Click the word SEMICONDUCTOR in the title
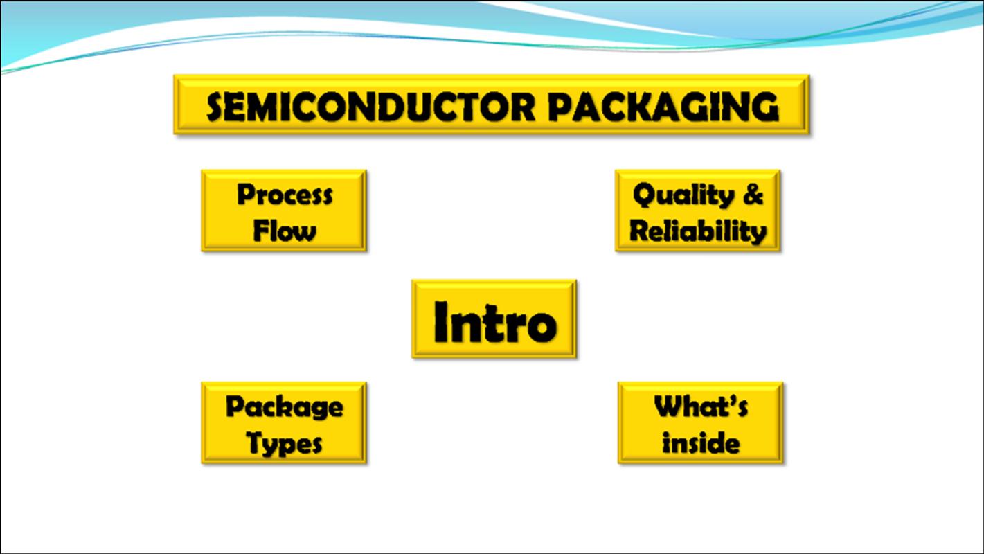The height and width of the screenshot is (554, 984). coord(370,107)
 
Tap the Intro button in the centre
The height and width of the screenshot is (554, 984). coord(494,319)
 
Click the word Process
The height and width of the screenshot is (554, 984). coord(285,195)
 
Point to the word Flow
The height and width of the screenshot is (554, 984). coord(285,231)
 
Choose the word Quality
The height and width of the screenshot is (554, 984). coord(683,195)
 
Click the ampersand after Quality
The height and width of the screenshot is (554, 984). coord(753,194)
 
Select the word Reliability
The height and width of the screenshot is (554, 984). coord(698,231)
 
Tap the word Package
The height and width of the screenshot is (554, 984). coord(284,407)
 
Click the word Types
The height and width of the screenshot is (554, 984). coord(284,443)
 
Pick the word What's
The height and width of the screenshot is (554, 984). coord(701,406)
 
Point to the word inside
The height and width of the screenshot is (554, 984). coord(701,443)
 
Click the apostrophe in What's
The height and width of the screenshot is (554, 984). coord(729,400)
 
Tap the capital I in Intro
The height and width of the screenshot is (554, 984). coord(440,321)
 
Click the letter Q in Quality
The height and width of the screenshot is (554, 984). coord(645,195)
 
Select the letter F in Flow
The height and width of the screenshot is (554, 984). coord(261,230)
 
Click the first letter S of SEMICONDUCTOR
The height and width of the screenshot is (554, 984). coord(216,107)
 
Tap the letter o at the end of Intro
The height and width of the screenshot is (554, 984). coord(542,326)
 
